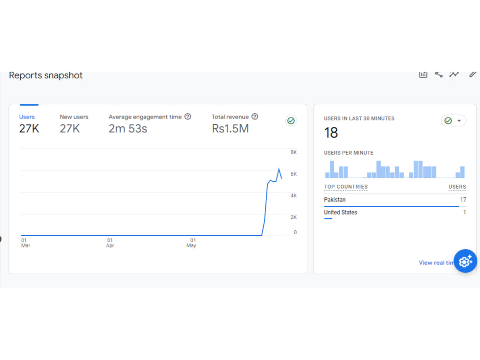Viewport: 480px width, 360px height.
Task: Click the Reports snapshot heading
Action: (46, 75)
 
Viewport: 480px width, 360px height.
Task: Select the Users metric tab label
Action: (27, 117)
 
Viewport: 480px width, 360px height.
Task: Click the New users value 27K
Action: (70, 129)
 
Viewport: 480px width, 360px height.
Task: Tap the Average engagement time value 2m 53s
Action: (128, 129)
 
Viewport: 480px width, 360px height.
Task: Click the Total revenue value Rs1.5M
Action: (230, 129)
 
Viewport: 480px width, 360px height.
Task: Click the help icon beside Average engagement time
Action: (188, 117)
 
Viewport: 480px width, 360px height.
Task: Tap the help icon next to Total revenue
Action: (255, 117)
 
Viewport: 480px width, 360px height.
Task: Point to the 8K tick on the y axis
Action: (294, 152)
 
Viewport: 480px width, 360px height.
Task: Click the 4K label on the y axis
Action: (294, 195)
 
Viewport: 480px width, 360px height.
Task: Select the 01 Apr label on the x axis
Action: (110, 243)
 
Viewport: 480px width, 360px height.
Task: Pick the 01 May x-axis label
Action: (192, 243)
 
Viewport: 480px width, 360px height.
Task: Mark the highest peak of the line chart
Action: (279, 168)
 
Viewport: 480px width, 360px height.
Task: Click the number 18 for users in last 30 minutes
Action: (331, 132)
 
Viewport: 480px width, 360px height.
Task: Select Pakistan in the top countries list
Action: (335, 200)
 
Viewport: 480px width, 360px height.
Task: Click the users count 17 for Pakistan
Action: (463, 200)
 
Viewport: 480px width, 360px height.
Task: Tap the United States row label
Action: (340, 213)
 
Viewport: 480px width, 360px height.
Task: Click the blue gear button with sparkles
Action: (465, 261)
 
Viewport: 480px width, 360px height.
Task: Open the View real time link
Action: (436, 263)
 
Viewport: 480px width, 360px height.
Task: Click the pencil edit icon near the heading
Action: (473, 74)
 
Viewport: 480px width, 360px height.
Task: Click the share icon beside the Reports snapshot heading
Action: (439, 74)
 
